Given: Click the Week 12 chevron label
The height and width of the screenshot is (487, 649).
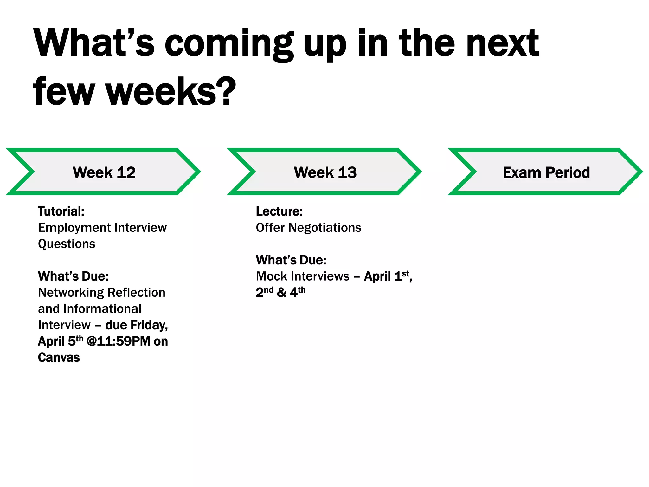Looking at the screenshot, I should [x=104, y=172].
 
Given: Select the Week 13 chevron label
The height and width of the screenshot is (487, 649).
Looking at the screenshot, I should [x=325, y=172].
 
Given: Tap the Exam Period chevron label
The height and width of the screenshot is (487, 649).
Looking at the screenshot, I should [x=546, y=172].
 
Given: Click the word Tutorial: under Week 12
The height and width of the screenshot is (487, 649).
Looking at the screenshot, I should [x=61, y=211].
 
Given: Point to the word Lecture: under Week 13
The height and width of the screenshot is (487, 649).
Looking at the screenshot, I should [x=279, y=211].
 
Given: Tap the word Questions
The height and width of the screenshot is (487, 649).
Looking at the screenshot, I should [x=67, y=244].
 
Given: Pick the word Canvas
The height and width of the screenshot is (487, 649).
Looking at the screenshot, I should [x=59, y=357].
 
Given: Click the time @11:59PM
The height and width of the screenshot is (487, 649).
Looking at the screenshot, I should [x=118, y=341].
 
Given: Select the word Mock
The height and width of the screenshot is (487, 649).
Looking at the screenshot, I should [x=269, y=276].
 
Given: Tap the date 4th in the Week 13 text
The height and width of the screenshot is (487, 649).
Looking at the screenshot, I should [x=298, y=292].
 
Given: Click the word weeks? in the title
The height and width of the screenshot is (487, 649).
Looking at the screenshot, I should [x=171, y=92].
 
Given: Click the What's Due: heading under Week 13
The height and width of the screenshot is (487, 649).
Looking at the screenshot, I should [x=291, y=260].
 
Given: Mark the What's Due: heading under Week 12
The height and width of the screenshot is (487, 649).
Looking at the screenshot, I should [x=73, y=276].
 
